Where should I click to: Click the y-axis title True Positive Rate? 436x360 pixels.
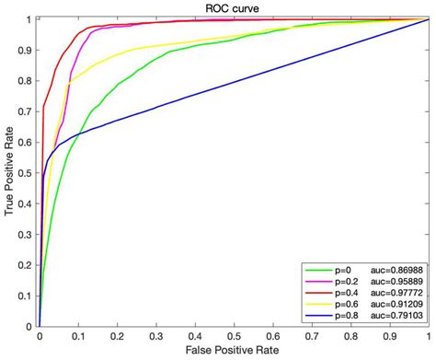[9, 171]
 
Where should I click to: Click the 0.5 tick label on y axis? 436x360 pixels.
[27, 172]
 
